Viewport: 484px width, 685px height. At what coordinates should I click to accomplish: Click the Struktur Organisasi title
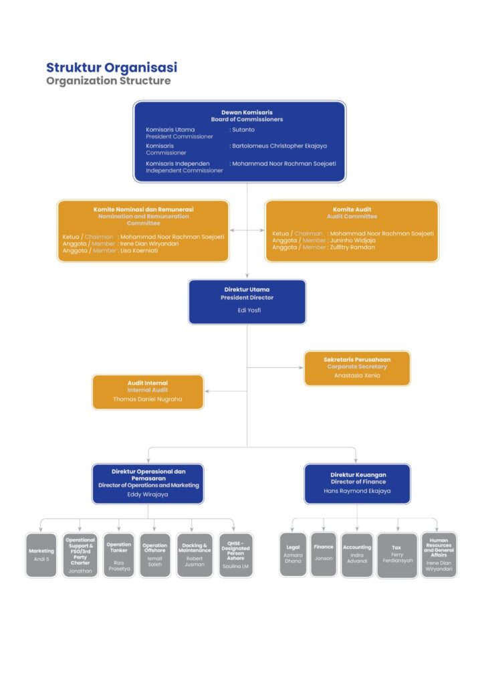112,68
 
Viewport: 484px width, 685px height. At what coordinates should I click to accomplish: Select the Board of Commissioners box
239,141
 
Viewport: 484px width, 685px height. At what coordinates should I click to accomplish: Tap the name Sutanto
244,129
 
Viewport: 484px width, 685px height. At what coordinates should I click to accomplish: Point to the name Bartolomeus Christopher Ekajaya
279,145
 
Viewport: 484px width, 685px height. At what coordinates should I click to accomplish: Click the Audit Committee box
352,230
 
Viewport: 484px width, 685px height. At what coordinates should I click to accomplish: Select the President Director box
247,301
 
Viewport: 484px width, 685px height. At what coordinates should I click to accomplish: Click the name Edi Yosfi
247,310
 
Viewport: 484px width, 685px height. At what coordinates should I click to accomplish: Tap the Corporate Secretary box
357,368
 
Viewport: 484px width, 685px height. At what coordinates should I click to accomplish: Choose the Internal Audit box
148,391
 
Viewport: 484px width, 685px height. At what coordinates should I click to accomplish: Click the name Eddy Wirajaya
148,494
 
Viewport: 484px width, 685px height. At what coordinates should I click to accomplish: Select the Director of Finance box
357,483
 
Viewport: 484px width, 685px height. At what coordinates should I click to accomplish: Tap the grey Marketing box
41,555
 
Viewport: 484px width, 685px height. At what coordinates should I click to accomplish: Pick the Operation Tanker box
118,555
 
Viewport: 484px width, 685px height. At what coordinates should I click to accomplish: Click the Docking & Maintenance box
195,555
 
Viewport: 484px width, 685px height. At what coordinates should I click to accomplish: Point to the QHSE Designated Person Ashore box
235,555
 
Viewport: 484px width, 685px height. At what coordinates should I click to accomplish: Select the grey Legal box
293,555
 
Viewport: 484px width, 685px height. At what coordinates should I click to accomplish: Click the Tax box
396,555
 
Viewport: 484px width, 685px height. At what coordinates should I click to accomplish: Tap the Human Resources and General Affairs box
439,555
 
